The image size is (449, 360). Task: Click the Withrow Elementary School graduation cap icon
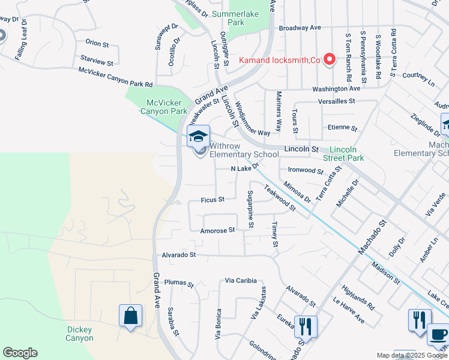pos(198,137)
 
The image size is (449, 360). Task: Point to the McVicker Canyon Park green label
pos(163,107)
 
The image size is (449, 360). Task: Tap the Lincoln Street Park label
pos(348,154)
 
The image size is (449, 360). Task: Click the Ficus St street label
pos(212,199)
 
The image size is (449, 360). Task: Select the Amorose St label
pos(217,230)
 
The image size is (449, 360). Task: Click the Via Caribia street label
pos(241,280)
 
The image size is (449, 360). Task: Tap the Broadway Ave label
pos(300,28)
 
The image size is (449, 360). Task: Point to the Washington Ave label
pos(336,89)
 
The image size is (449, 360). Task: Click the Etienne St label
pos(342,128)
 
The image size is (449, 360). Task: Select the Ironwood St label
pos(306,170)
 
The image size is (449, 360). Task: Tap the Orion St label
pos(97,43)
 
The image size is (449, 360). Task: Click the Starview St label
pos(96,62)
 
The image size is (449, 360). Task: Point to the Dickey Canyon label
pos(80,334)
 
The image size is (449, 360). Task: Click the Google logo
pos(20,353)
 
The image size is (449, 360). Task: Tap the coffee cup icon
pos(438,334)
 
